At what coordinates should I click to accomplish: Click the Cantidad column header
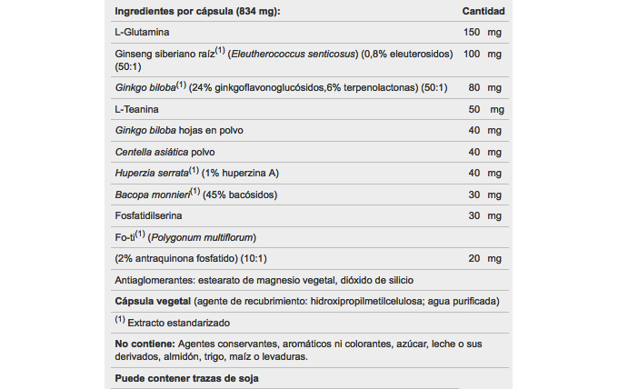pos(483,11)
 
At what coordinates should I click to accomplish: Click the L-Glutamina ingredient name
pos(141,32)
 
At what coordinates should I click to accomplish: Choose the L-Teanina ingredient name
pos(136,109)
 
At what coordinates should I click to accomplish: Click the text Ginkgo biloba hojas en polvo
pos(179,130)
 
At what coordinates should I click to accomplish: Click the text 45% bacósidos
pos(240,194)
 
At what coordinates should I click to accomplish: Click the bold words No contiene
pos(144,344)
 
